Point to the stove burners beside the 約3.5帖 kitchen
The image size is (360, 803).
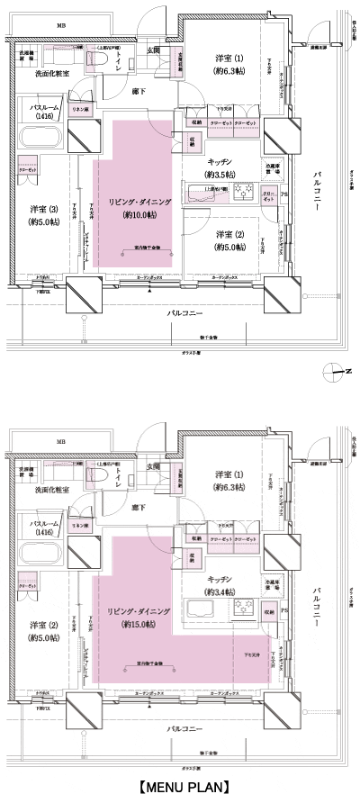click(243, 189)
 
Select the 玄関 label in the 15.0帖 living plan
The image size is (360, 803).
click(154, 466)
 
